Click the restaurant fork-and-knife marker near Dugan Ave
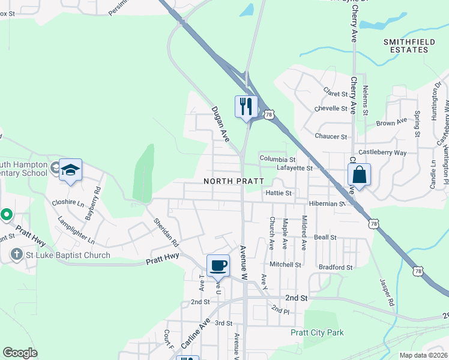click(246, 107)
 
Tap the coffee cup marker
click(218, 265)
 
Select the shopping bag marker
click(359, 175)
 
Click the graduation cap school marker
click(70, 170)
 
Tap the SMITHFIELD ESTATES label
click(406, 46)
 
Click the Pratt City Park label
click(317, 332)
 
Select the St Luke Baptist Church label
click(67, 255)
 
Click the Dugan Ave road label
click(220, 124)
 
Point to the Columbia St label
click(277, 159)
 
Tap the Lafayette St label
click(295, 169)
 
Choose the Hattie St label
click(278, 193)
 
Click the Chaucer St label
click(331, 136)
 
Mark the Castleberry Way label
click(382, 153)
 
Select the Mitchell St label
click(285, 264)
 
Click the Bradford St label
click(336, 267)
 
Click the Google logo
click(20, 353)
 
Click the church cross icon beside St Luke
click(16, 255)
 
